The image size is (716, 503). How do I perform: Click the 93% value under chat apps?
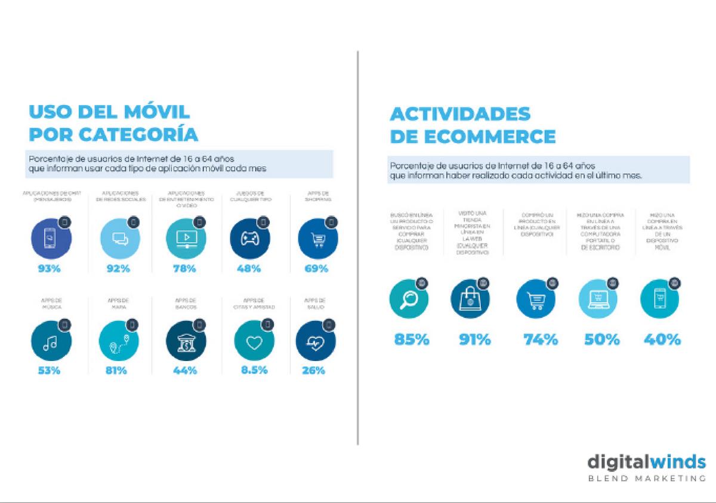pyautogui.click(x=49, y=269)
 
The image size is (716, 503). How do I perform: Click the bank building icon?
pyautogui.click(x=185, y=342)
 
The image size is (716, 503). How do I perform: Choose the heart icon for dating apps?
pyautogui.click(x=254, y=342)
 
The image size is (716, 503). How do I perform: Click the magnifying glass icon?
pyautogui.click(x=409, y=298)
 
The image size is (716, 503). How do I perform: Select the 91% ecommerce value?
pyautogui.click(x=475, y=340)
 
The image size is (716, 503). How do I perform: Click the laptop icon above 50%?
pyautogui.click(x=598, y=298)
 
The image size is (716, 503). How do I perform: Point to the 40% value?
pyautogui.click(x=662, y=340)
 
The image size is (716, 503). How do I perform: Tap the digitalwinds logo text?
pyautogui.click(x=646, y=462)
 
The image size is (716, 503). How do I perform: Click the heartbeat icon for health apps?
pyautogui.click(x=315, y=342)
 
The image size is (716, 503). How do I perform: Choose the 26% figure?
pyautogui.click(x=313, y=370)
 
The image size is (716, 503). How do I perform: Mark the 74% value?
pyautogui.click(x=541, y=340)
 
